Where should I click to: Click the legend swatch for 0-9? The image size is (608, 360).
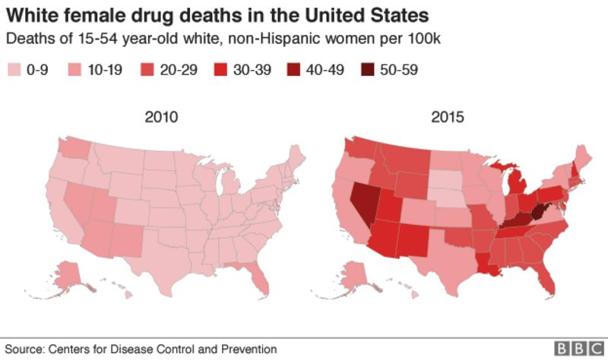point(14,71)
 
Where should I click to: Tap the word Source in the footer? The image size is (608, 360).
point(22,349)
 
